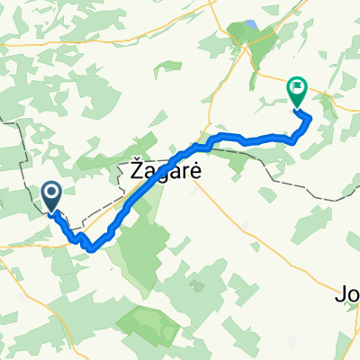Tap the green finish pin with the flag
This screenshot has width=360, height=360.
297,91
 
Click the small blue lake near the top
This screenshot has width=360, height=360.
251,25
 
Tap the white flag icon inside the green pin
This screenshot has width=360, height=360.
297,87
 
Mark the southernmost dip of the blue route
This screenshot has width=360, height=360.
92,249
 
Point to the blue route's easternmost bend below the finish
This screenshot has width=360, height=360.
310,118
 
